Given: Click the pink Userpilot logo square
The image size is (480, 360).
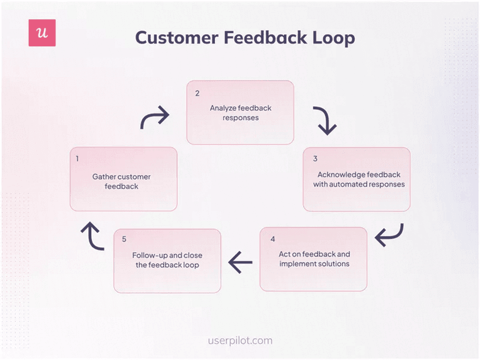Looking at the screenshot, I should tap(42, 33).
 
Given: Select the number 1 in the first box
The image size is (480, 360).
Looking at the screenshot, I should tap(78, 159).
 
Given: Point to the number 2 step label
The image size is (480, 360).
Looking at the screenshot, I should tap(197, 93).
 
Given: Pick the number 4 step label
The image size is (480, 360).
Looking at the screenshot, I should tap(272, 239).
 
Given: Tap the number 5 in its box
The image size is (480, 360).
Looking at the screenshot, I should tap(124, 239).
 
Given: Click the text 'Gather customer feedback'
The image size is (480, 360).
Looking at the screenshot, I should tap(122, 181).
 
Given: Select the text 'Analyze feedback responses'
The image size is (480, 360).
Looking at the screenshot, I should tap(240, 113).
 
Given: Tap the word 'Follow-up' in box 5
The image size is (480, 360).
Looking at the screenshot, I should tap(149, 256).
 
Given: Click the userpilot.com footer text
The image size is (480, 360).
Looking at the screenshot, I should tap(239, 340).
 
